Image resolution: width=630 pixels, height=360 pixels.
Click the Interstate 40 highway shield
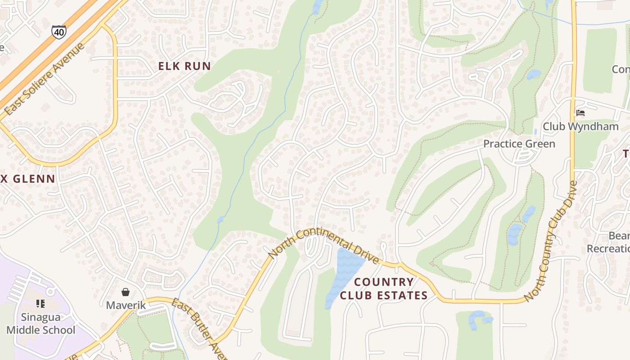point(59,31)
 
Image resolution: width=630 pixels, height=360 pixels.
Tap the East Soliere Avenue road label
point(44,79)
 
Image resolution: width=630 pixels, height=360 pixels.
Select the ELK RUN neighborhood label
point(184,66)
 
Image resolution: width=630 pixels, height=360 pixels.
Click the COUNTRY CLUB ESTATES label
point(383,288)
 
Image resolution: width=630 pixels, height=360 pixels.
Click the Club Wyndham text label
point(580,127)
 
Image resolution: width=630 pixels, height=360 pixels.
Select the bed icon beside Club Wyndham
point(580,112)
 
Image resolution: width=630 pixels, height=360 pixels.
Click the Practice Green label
point(519,144)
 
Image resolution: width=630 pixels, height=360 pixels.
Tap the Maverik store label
point(126,306)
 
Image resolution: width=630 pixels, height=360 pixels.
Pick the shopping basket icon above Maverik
point(126,292)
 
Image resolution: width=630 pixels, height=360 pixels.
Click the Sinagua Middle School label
point(41,324)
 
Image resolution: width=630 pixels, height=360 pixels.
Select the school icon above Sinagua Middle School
point(40,304)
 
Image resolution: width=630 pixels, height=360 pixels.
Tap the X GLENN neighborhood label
point(28,179)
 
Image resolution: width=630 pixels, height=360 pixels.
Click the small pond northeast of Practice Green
point(533,74)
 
